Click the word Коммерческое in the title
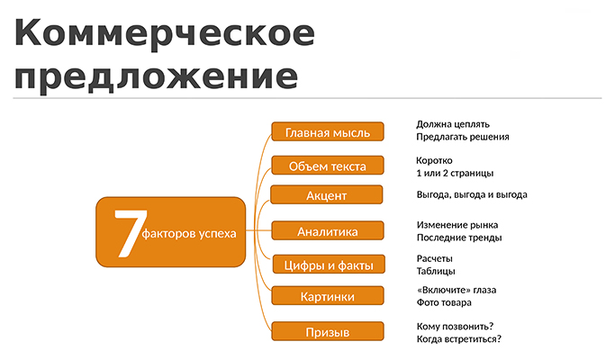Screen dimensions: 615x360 point(165,34)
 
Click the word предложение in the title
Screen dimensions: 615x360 point(156,76)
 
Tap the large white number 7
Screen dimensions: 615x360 point(131,234)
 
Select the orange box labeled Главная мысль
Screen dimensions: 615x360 point(328,131)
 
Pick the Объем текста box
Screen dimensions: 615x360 point(328,166)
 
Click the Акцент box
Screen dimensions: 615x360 point(326,195)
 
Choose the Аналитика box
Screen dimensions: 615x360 point(328,231)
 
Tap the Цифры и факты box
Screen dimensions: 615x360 point(329,265)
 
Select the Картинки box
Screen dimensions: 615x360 point(328,296)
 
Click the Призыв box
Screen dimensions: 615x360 point(328,332)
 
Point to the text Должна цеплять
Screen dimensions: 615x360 point(453,125)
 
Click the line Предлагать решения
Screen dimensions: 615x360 point(463,138)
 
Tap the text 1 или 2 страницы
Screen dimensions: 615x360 point(455,174)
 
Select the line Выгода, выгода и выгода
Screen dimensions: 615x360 point(472,195)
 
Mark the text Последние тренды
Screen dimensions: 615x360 point(459,238)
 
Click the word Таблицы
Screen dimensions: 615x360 point(436,272)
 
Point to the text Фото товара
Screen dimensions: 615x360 point(444,302)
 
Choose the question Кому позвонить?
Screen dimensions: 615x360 point(455,327)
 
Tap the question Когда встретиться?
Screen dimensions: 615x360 point(459,339)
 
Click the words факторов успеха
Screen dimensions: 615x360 point(189,234)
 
